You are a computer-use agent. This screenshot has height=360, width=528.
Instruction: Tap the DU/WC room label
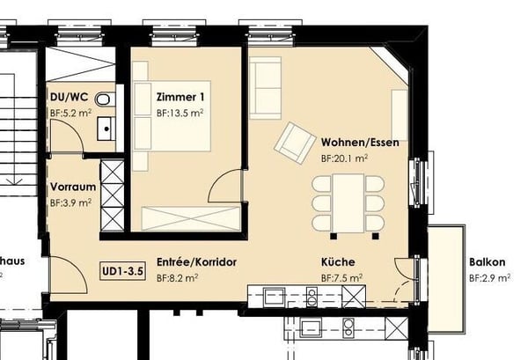tap(67, 98)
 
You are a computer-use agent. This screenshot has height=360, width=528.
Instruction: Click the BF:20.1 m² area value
tap(344, 158)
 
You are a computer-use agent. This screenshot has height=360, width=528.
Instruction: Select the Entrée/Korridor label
tap(196, 262)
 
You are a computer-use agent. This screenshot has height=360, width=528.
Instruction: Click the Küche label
tap(338, 262)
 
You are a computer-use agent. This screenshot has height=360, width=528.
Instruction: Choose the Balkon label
tap(487, 262)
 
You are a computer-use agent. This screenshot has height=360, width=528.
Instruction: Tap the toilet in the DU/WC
tap(106, 99)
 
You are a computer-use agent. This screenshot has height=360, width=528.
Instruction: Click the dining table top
tap(348, 203)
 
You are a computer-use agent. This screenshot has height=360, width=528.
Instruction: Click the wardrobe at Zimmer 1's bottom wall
tap(190, 217)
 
